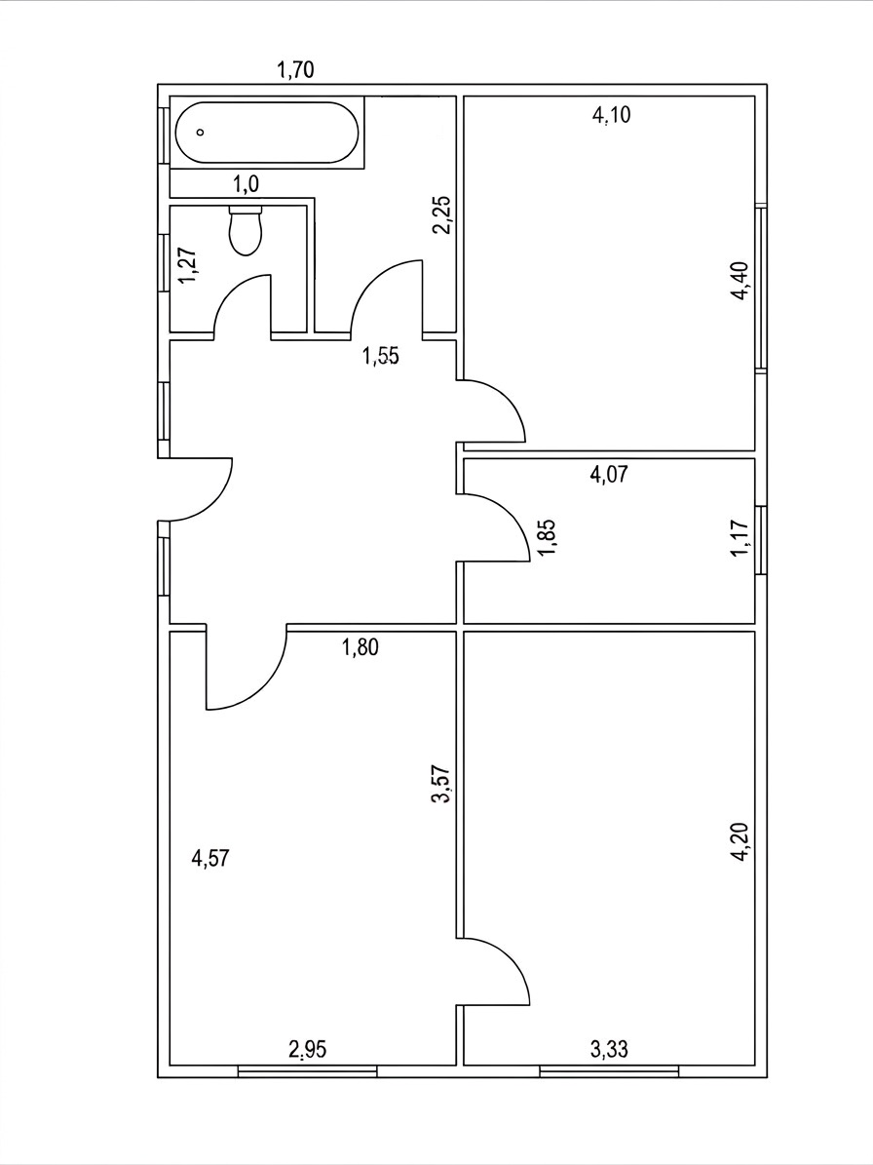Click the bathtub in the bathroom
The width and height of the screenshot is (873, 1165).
[267, 133]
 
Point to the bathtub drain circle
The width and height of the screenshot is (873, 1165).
[200, 133]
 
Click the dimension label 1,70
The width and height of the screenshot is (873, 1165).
[295, 70]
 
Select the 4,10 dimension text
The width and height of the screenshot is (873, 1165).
[612, 115]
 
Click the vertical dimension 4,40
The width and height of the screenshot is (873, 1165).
[741, 282]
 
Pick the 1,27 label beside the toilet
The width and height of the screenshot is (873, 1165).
[189, 264]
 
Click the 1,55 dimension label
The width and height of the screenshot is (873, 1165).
[381, 356]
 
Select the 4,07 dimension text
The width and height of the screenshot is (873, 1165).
[609, 474]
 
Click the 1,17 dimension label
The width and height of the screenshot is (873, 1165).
[740, 537]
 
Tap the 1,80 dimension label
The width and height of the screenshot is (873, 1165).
[361, 648]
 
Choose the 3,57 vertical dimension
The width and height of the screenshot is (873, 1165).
[444, 786]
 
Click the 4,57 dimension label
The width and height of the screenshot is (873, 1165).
[210, 859]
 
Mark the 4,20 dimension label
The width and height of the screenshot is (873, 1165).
[741, 842]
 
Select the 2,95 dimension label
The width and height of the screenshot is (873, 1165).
[307, 1049]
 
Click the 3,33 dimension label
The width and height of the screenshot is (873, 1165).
[609, 1049]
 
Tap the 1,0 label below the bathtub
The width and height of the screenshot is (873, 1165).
[246, 183]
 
